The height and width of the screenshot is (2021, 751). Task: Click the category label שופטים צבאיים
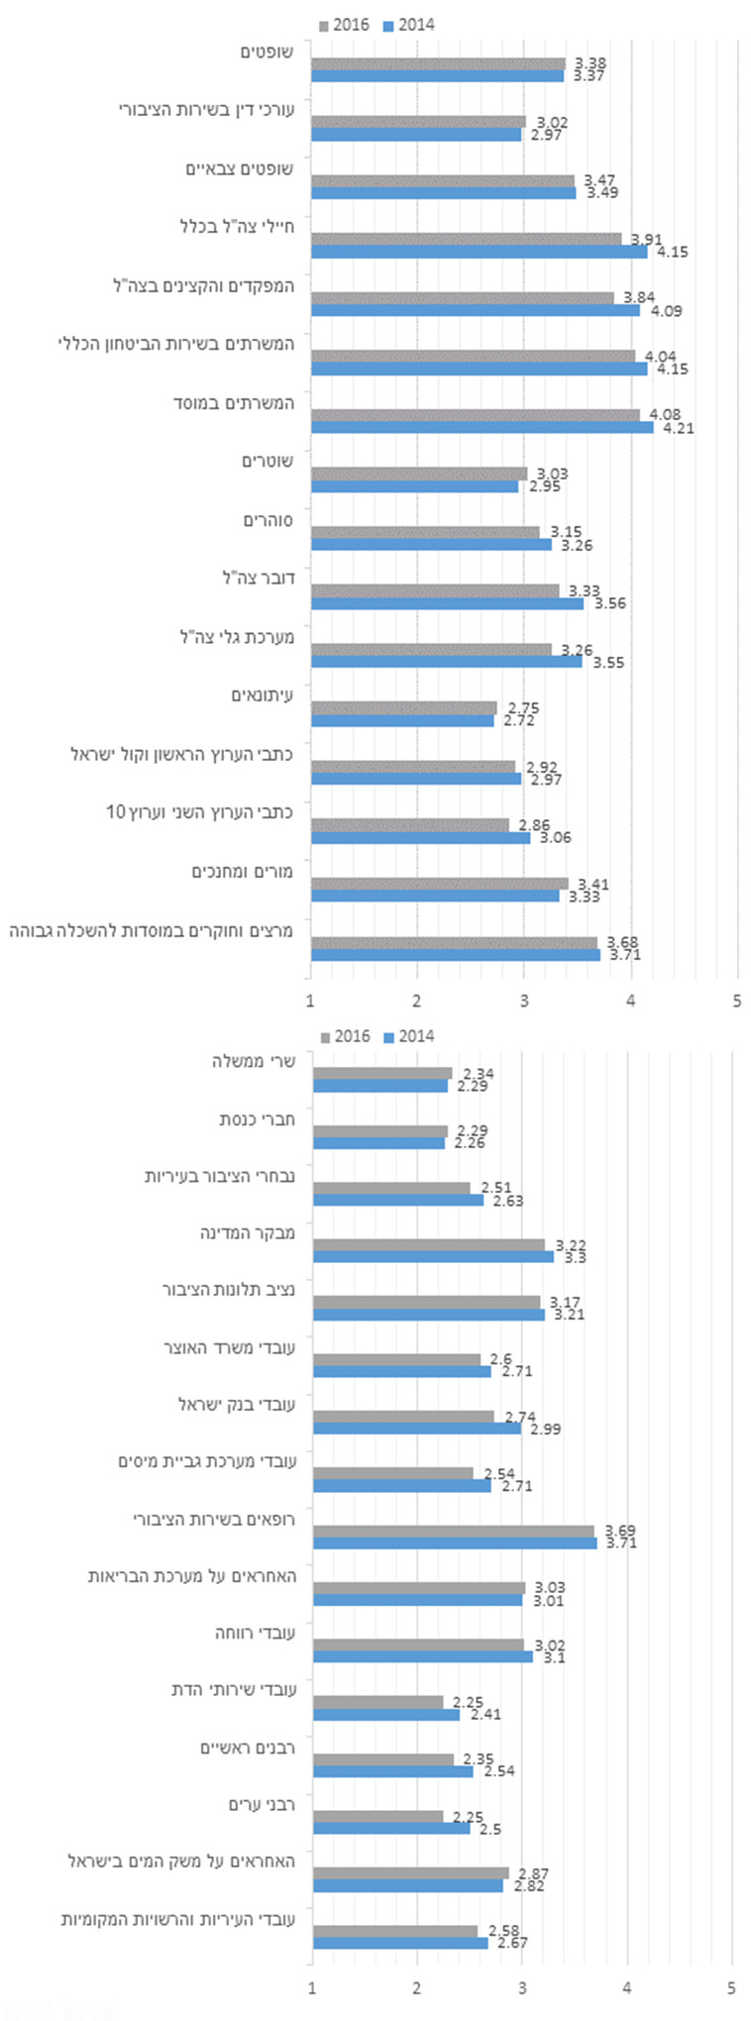pyautogui.click(x=239, y=169)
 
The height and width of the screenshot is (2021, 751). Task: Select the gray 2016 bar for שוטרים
pyautogui.click(x=419, y=474)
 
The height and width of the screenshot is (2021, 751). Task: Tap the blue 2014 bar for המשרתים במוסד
pyautogui.click(x=482, y=428)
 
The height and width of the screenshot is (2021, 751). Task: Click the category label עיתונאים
pyautogui.click(x=262, y=695)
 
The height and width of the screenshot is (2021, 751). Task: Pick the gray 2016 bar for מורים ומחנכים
pyautogui.click(x=439, y=883)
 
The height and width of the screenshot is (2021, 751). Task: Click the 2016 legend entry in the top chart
pyautogui.click(x=344, y=25)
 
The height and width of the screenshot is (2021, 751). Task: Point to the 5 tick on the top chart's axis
pyautogui.click(x=736, y=1001)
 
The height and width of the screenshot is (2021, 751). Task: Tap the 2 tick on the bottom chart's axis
pyautogui.click(x=417, y=1987)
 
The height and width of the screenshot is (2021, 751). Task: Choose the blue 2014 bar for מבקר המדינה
pyautogui.click(x=433, y=1256)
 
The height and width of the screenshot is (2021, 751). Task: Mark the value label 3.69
pyautogui.click(x=620, y=1531)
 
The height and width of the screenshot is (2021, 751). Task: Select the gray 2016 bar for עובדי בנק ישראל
pyautogui.click(x=403, y=1417)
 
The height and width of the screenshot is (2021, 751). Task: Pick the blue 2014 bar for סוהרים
pyautogui.click(x=431, y=545)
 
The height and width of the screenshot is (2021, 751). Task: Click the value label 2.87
pyautogui.click(x=532, y=1873)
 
